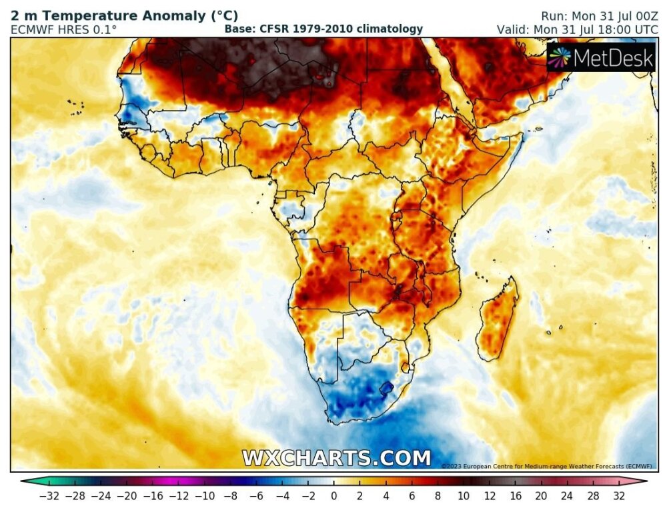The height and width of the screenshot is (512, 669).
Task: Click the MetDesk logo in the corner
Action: point(600,58)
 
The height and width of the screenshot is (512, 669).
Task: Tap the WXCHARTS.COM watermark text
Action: point(336,459)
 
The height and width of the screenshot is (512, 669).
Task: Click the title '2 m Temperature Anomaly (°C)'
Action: point(124,15)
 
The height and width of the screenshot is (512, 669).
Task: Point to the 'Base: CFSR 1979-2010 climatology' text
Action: point(323,29)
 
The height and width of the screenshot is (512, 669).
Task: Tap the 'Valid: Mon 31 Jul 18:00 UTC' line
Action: point(578,30)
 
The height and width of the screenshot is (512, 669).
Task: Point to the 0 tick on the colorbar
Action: point(334,495)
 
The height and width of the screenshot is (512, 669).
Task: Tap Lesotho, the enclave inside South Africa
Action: point(386,386)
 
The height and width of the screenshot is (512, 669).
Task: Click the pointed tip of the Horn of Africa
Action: point(521,135)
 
